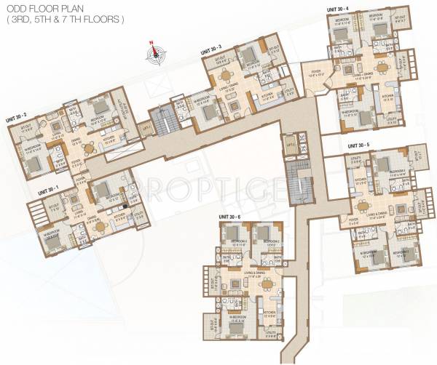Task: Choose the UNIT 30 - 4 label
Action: pyautogui.click(x=337, y=8)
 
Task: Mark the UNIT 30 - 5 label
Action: pyautogui.click(x=358, y=145)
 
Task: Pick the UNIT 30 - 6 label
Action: pyautogui.click(x=230, y=217)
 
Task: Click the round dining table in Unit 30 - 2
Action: pyautogui.click(x=89, y=148)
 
